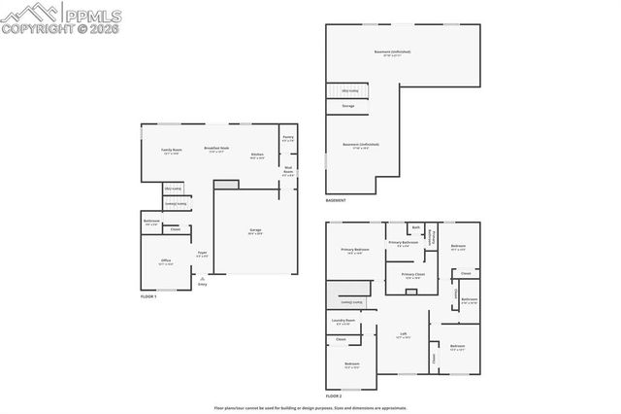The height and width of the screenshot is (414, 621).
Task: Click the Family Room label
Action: [171, 151]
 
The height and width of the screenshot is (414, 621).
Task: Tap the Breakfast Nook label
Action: [215, 149]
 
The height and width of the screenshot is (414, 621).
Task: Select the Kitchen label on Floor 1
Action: [257, 155]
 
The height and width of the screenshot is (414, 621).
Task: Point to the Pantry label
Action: [288, 138]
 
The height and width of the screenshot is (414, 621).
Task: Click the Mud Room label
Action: [288, 171]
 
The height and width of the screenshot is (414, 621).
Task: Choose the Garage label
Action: [253, 230]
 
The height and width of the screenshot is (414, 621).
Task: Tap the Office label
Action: [166, 260]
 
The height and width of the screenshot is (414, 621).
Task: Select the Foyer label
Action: [202, 254]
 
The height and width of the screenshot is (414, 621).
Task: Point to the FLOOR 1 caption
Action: [148, 294]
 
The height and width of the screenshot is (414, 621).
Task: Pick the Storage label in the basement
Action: [348, 105]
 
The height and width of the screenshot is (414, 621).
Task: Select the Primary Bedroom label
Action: [355, 251]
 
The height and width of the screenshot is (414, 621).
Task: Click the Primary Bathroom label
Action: [403, 243]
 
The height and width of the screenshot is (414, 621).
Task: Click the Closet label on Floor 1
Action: [175, 229]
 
